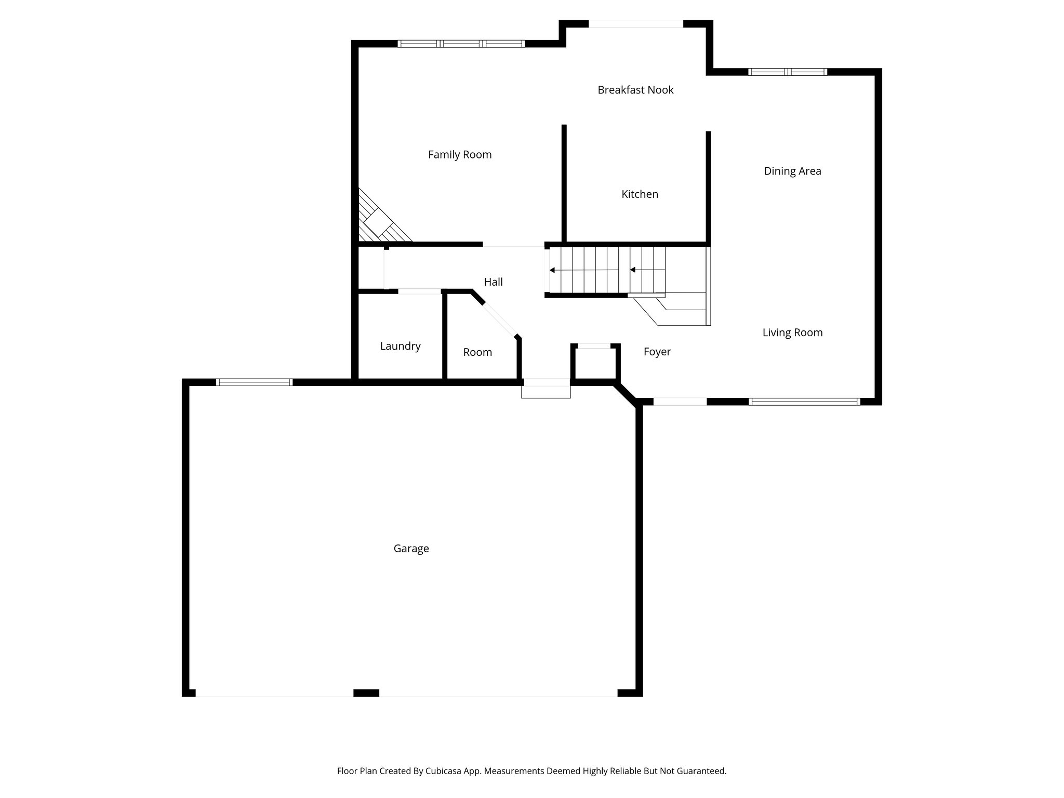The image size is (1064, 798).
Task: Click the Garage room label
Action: (411, 549)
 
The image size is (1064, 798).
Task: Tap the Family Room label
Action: (459, 154)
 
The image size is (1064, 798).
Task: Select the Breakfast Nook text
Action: (635, 90)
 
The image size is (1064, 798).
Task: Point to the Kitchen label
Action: (640, 194)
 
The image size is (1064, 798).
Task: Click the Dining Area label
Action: (792, 171)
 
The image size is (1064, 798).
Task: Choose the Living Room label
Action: (792, 332)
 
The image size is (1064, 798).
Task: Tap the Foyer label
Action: (657, 352)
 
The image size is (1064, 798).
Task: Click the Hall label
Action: (493, 282)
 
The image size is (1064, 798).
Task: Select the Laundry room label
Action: (400, 346)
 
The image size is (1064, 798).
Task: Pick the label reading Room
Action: (477, 352)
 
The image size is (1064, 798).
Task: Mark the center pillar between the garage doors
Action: (366, 693)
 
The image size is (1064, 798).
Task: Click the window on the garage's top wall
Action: (254, 382)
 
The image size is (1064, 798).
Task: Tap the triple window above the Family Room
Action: (461, 44)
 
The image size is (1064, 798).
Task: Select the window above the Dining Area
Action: (787, 72)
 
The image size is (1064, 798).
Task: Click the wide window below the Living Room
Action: (804, 402)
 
